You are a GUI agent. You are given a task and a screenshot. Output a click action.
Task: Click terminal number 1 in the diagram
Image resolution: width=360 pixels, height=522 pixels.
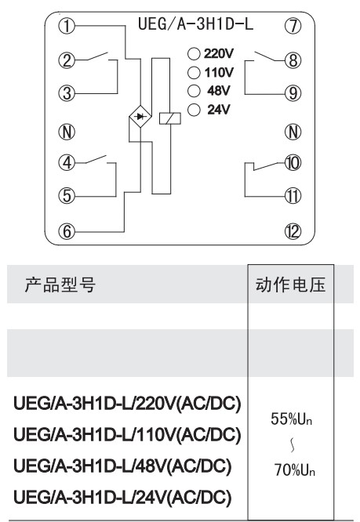[x=67, y=26]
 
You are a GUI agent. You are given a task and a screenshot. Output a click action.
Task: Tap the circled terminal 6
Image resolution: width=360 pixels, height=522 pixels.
[x=67, y=231]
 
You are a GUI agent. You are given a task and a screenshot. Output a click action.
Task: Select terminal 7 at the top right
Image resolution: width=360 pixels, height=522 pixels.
[x=293, y=26]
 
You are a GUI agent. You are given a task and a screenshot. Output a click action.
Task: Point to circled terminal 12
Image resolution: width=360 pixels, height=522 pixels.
[x=293, y=231]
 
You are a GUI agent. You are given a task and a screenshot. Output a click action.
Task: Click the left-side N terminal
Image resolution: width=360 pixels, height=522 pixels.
[x=67, y=132]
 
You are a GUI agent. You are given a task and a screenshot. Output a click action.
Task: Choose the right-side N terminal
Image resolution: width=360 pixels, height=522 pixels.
[x=293, y=132]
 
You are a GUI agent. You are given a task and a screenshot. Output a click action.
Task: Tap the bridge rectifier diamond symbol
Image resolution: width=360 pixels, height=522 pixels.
[x=140, y=117]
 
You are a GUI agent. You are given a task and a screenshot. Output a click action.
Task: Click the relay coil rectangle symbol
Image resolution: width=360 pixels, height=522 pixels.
[x=170, y=118]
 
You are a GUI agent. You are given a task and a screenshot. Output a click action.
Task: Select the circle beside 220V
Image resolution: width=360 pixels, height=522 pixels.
[x=194, y=53]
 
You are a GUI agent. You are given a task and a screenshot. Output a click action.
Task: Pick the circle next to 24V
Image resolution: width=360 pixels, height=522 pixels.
[x=194, y=110]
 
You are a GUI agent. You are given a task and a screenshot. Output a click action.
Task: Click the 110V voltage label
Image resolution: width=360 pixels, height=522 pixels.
[x=219, y=72]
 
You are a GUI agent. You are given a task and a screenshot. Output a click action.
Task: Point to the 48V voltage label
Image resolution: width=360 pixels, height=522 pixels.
[x=219, y=91]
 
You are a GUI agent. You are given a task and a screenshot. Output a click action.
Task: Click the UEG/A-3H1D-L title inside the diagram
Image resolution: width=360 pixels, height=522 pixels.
[x=195, y=24]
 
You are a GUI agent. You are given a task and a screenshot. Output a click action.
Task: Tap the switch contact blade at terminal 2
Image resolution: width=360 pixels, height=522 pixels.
[x=97, y=56]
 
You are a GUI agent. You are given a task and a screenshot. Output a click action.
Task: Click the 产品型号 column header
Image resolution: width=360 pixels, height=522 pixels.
[x=60, y=285]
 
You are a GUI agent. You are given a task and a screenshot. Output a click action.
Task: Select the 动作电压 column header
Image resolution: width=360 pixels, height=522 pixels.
[x=291, y=285]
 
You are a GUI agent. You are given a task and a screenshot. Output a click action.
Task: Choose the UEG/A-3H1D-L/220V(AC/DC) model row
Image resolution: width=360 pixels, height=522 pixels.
[x=127, y=404]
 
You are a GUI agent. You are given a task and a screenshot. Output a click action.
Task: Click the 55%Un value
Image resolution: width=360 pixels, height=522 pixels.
[x=291, y=419]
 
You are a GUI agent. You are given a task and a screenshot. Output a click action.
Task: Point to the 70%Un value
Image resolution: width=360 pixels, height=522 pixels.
[x=294, y=470]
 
